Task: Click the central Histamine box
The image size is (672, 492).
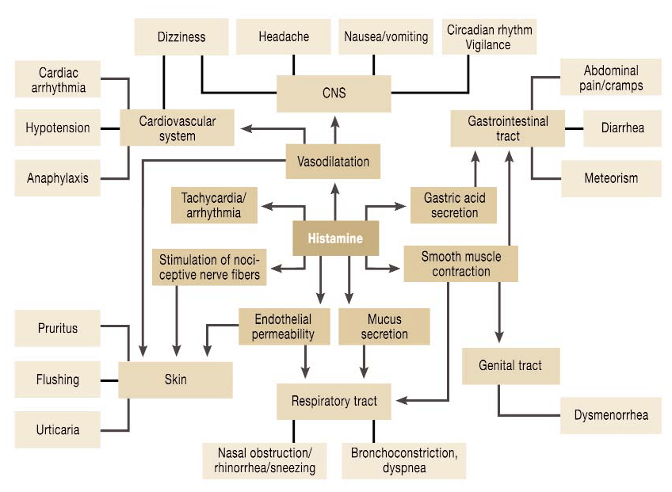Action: coord(335,238)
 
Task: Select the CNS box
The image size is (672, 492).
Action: coord(334,93)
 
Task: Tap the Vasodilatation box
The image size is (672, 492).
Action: coord(333,162)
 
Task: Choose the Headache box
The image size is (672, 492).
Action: coord(283,37)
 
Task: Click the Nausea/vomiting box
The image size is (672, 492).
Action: coord(386,37)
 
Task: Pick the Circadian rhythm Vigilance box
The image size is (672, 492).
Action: coord(489,37)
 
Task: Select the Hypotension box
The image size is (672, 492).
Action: coord(58,128)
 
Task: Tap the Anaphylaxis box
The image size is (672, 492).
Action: coord(58,178)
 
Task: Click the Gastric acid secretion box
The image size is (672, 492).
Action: coord(454,205)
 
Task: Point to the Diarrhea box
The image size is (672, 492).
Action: coord(622,128)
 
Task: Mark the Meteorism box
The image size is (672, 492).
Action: coord(611,178)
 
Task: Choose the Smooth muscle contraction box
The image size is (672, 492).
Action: coord(460,264)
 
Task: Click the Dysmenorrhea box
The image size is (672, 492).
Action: coord(610,415)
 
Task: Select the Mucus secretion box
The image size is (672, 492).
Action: coord(384,326)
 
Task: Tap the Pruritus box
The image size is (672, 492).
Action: coord(58,328)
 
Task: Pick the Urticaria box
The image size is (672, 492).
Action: coord(58,429)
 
